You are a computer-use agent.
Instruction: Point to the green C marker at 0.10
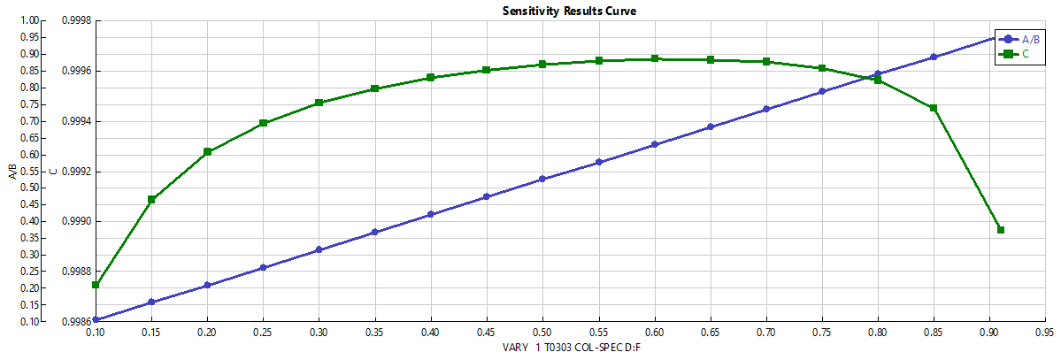click(x=96, y=285)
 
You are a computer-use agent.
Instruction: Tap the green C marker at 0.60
click(x=655, y=59)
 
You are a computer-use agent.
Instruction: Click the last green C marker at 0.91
click(x=1001, y=230)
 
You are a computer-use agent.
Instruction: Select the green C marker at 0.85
click(x=934, y=108)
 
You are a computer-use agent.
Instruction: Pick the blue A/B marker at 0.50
click(x=542, y=180)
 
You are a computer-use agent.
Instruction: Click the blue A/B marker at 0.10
click(x=96, y=320)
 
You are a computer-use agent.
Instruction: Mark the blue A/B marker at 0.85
click(x=934, y=57)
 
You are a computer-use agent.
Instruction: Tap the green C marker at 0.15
click(x=151, y=200)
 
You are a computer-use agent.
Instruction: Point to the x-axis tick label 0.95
click(x=1045, y=334)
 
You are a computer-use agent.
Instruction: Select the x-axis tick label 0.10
click(x=96, y=334)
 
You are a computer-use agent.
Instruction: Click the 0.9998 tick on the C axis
click(x=71, y=20)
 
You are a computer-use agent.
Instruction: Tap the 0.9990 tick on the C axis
click(x=71, y=222)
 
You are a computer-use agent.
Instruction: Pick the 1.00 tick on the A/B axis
click(x=31, y=20)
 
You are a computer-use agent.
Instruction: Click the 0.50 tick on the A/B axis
click(x=31, y=188)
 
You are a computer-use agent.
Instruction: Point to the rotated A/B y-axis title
click(x=12, y=171)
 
